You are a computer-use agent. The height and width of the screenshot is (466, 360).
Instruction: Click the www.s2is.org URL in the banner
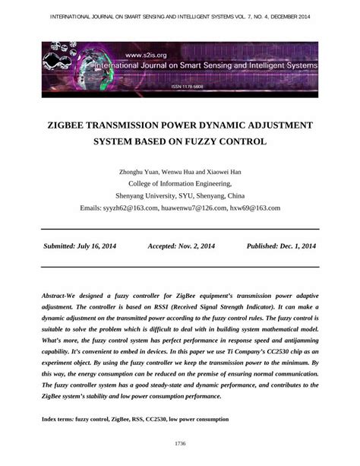(x=145, y=55)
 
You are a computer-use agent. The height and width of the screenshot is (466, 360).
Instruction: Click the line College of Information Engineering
(x=179, y=183)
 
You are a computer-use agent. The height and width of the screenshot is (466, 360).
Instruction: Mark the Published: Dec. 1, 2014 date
(x=281, y=246)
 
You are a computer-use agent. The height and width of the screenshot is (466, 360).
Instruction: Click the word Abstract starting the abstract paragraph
(x=55, y=293)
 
